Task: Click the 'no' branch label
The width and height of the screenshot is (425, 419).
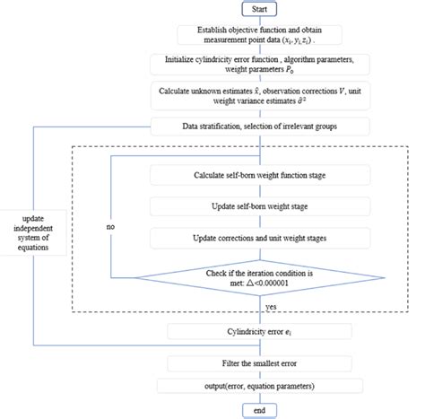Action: [x=111, y=227]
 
